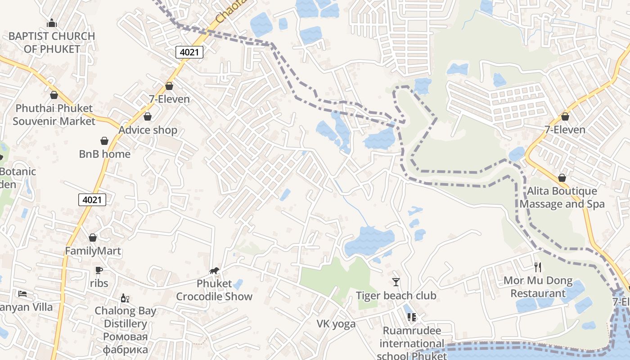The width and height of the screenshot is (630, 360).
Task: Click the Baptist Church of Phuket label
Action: pyautogui.click(x=52, y=42)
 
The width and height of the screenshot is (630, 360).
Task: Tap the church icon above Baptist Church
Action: pyautogui.click(x=52, y=23)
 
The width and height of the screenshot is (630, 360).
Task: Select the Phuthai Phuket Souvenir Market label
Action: pyautogui.click(x=54, y=115)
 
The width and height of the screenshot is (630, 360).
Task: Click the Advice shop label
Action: pyautogui.click(x=148, y=130)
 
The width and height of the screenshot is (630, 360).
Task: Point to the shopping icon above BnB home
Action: pyautogui.click(x=104, y=141)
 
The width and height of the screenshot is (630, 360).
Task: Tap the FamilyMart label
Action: pyautogui.click(x=93, y=251)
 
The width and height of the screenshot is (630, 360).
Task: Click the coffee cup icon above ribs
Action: pyautogui.click(x=99, y=270)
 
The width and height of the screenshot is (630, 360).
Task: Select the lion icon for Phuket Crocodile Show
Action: pyautogui.click(x=214, y=270)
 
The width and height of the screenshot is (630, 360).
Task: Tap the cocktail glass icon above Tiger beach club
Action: pyautogui.click(x=396, y=282)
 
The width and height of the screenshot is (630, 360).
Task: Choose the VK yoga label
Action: pyautogui.click(x=336, y=324)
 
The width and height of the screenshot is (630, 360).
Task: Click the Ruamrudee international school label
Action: pyautogui.click(x=412, y=343)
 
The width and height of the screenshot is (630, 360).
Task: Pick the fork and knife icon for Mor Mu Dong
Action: pyautogui.click(x=538, y=267)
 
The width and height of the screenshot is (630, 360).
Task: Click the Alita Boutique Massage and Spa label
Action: pyautogui.click(x=562, y=198)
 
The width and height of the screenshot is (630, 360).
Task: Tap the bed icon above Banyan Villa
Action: pyautogui.click(x=22, y=294)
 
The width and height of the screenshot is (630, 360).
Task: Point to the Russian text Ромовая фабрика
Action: pyautogui.click(x=125, y=343)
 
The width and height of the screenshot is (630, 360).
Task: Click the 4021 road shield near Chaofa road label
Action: pyautogui.click(x=189, y=52)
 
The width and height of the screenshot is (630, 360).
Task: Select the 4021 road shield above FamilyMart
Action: pyautogui.click(x=92, y=200)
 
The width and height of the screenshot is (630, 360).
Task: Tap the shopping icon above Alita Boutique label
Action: pyautogui.click(x=562, y=178)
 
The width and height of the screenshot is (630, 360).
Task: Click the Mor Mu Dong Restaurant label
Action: pyautogui.click(x=538, y=287)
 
